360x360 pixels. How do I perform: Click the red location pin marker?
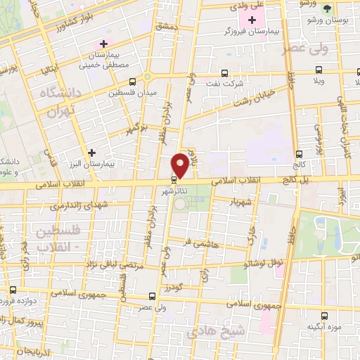point(181,165)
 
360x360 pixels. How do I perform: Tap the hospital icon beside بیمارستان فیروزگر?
point(252,20)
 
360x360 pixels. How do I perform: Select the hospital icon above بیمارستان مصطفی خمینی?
point(103,44)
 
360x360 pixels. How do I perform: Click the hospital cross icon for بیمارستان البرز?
point(91,152)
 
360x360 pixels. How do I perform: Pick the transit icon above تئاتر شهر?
point(174,180)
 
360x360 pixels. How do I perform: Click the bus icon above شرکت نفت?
point(224,72)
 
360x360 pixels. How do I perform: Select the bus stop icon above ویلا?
point(319,70)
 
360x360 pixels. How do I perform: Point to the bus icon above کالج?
point(300,154)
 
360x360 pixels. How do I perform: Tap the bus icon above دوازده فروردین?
point(13,290)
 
